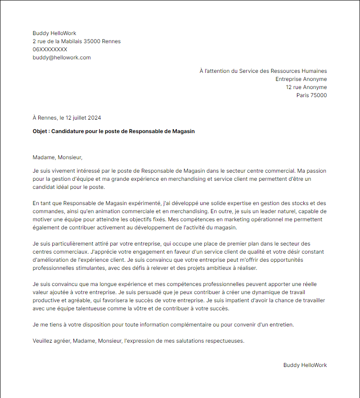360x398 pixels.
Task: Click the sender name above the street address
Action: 54,33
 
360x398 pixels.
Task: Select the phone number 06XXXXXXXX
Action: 50,49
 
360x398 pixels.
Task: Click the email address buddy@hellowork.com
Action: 62,58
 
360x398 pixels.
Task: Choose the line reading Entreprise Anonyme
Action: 301,79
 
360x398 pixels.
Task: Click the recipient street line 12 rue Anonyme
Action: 306,87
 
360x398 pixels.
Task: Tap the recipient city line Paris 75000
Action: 311,95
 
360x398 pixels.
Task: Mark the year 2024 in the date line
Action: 94,118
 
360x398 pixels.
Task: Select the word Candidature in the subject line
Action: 67,131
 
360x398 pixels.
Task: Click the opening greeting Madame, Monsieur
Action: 58,157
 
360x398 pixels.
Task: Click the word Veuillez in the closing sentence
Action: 44,341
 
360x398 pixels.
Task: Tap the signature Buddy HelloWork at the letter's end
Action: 305,365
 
